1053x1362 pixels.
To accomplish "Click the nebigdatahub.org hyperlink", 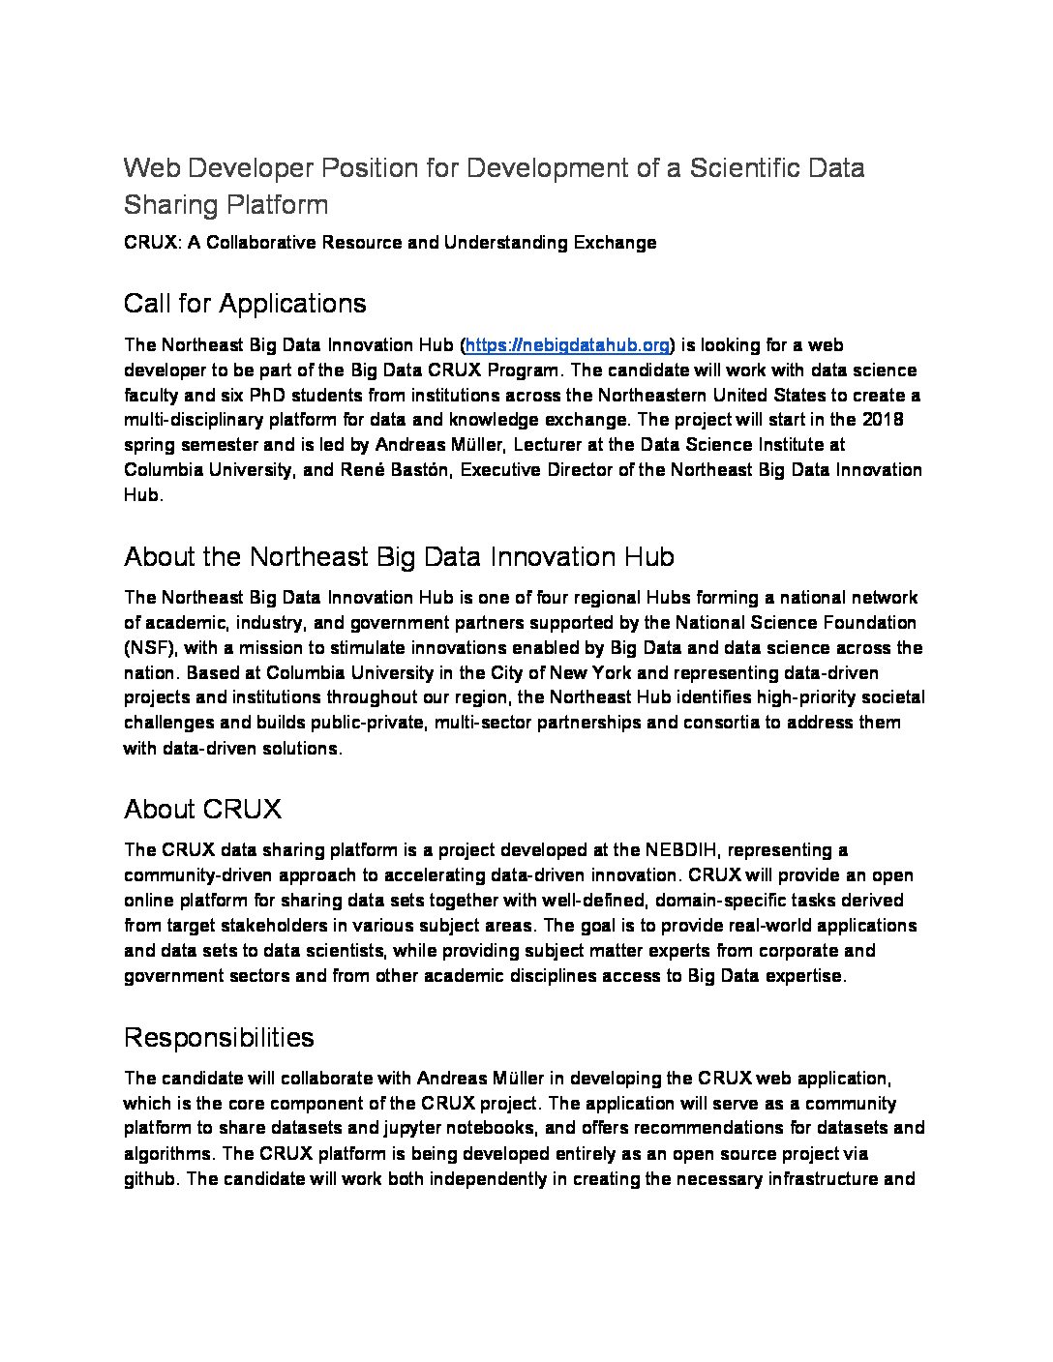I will [x=567, y=345].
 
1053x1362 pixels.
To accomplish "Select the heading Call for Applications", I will [x=245, y=304].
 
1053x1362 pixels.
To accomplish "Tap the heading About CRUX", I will [x=202, y=809].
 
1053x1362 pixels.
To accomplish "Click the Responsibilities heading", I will [x=219, y=1037].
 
